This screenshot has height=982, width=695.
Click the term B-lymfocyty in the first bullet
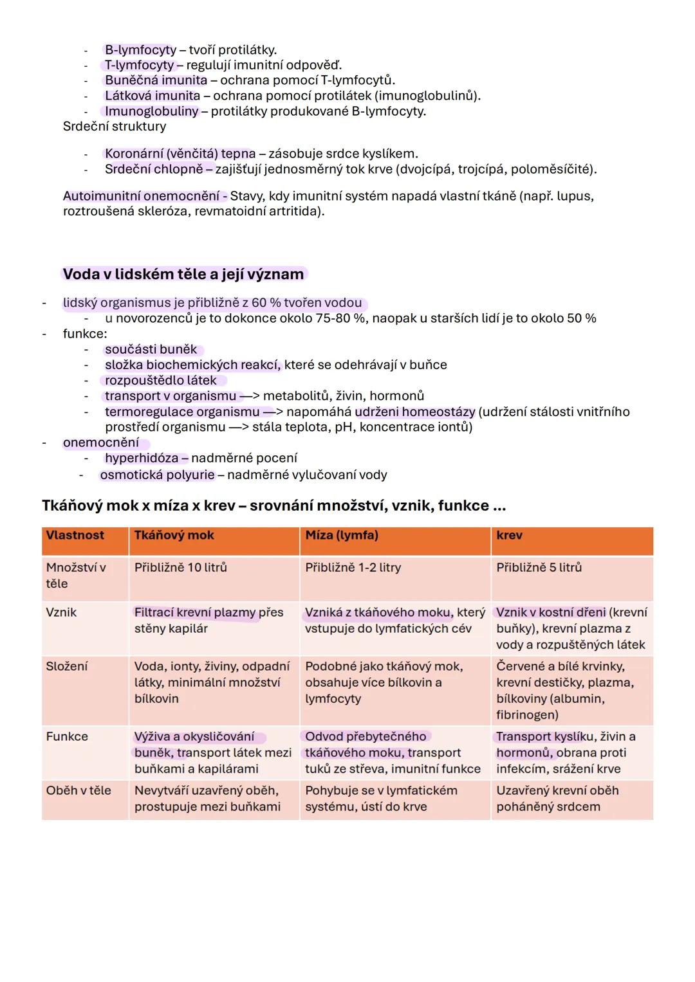[140, 50]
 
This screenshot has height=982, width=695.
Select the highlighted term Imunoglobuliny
[151, 111]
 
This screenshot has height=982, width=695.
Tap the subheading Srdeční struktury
[115, 127]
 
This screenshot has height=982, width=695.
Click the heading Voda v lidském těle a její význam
[183, 274]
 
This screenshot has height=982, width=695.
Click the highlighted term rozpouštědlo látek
[161, 381]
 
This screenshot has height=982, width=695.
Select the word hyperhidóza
[142, 458]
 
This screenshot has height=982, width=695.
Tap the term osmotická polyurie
[157, 475]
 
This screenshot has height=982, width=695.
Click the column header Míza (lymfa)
[342, 536]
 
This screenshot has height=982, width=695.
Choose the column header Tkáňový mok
[174, 536]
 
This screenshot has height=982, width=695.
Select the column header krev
[510, 536]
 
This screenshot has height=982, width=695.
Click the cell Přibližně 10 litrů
[181, 568]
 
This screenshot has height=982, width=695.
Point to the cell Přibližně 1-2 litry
[353, 568]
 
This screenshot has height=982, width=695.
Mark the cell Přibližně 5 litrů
[539, 568]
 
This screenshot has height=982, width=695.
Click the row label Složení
[67, 666]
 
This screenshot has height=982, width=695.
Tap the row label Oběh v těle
[79, 790]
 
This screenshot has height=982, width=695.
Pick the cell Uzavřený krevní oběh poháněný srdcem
[557, 799]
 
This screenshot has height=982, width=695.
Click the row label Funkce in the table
[67, 736]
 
